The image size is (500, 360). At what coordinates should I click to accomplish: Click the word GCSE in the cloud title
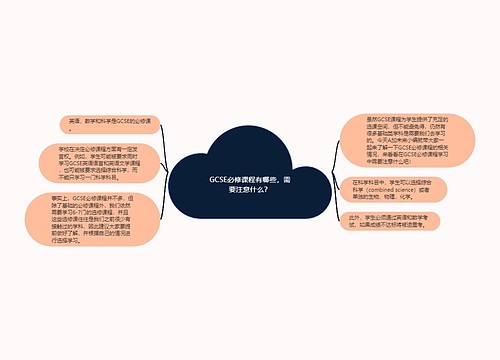[220, 179]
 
